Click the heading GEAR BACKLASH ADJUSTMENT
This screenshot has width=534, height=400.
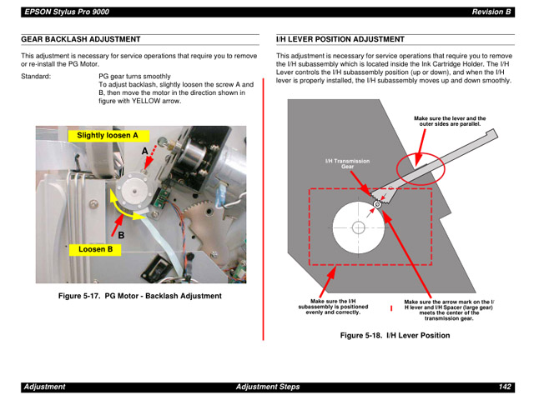[x=80, y=39]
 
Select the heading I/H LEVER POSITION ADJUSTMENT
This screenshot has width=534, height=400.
[x=340, y=39]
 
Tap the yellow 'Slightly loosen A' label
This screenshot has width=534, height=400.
[x=108, y=135]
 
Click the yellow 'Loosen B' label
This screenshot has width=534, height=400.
[x=95, y=249]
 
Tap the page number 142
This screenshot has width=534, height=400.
[x=505, y=387]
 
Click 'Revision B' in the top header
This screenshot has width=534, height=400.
[x=491, y=12]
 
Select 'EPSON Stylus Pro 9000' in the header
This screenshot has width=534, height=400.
[x=66, y=12]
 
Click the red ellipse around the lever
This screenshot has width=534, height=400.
[x=421, y=167]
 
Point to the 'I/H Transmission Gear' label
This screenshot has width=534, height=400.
[x=347, y=163]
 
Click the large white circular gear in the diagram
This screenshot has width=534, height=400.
[x=359, y=227]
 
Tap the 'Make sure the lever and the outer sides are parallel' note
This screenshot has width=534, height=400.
[x=450, y=122]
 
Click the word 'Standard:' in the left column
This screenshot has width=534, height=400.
[x=36, y=76]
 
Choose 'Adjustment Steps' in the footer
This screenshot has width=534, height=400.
[x=267, y=387]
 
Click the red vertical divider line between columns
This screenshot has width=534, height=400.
[x=264, y=208]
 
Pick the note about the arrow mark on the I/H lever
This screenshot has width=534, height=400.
[x=448, y=309]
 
